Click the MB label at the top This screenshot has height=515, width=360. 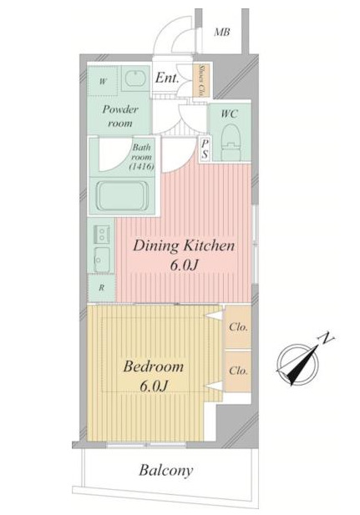pyautogui.click(x=222, y=33)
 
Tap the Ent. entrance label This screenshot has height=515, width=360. pyautogui.click(x=167, y=78)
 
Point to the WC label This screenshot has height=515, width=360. pyautogui.click(x=230, y=114)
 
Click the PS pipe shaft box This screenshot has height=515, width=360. pyautogui.click(x=205, y=149)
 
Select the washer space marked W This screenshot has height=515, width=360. pyautogui.click(x=103, y=81)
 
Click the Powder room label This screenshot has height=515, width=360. pyautogui.click(x=120, y=116)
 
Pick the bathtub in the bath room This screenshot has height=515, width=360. pyautogui.click(x=122, y=196)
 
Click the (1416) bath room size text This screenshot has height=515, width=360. pyautogui.click(x=142, y=167)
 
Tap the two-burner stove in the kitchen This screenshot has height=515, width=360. pyautogui.click(x=102, y=235)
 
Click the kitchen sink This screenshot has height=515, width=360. pyautogui.click(x=102, y=260)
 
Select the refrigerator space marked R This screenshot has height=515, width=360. pyautogui.click(x=102, y=288)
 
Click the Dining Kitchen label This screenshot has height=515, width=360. pyautogui.click(x=184, y=246)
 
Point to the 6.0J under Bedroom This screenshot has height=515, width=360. pyautogui.click(x=154, y=386)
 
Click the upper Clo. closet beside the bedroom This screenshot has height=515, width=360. pyautogui.click(x=238, y=327)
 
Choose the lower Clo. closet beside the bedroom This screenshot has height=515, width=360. pyautogui.click(x=238, y=371)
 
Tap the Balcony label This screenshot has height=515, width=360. pyautogui.click(x=165, y=471)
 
